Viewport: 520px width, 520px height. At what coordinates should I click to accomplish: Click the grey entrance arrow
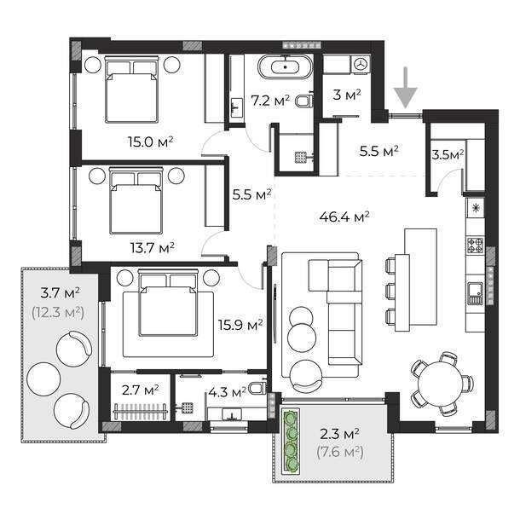(405, 88)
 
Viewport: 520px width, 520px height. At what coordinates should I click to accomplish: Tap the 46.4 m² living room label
(344, 217)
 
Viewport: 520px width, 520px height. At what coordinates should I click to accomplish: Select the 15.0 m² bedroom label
(151, 142)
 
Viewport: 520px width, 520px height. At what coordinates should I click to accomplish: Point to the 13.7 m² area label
(153, 247)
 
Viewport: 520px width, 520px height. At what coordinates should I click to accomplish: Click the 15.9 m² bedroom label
(240, 325)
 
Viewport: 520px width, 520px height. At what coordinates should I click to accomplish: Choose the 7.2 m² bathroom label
(270, 101)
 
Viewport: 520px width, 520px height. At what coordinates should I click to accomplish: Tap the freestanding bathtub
(286, 67)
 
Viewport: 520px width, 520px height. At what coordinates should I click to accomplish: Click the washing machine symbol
(361, 64)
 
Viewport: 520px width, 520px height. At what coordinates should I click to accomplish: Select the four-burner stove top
(475, 246)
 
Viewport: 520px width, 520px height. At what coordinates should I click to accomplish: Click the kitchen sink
(475, 294)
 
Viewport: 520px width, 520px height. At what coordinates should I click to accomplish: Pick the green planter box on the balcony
(291, 441)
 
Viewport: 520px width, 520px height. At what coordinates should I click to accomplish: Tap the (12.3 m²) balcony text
(58, 312)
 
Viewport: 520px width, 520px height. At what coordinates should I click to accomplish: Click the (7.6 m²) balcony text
(340, 452)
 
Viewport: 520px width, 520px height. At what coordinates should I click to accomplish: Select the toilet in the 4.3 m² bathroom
(257, 388)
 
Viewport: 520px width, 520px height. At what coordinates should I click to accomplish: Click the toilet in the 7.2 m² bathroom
(304, 101)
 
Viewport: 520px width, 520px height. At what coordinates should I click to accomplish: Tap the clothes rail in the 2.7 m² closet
(140, 412)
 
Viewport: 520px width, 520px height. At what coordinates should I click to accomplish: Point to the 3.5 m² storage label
(448, 154)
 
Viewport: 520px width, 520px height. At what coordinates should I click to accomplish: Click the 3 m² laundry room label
(347, 95)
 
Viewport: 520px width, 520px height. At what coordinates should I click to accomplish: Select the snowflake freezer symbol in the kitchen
(476, 209)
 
